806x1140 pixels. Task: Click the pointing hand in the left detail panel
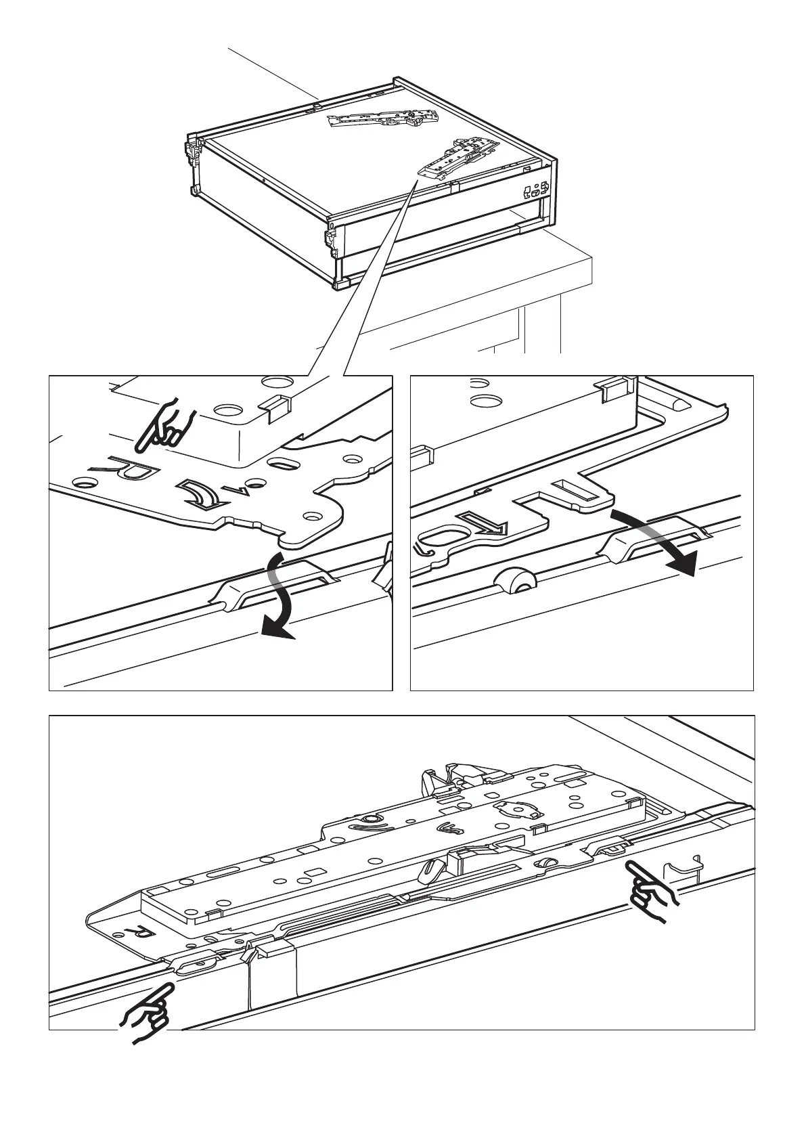(x=164, y=428)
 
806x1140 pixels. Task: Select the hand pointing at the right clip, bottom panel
(x=650, y=891)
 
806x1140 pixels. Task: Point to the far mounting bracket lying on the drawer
(x=383, y=118)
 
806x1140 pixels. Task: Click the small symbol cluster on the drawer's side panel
(x=536, y=191)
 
